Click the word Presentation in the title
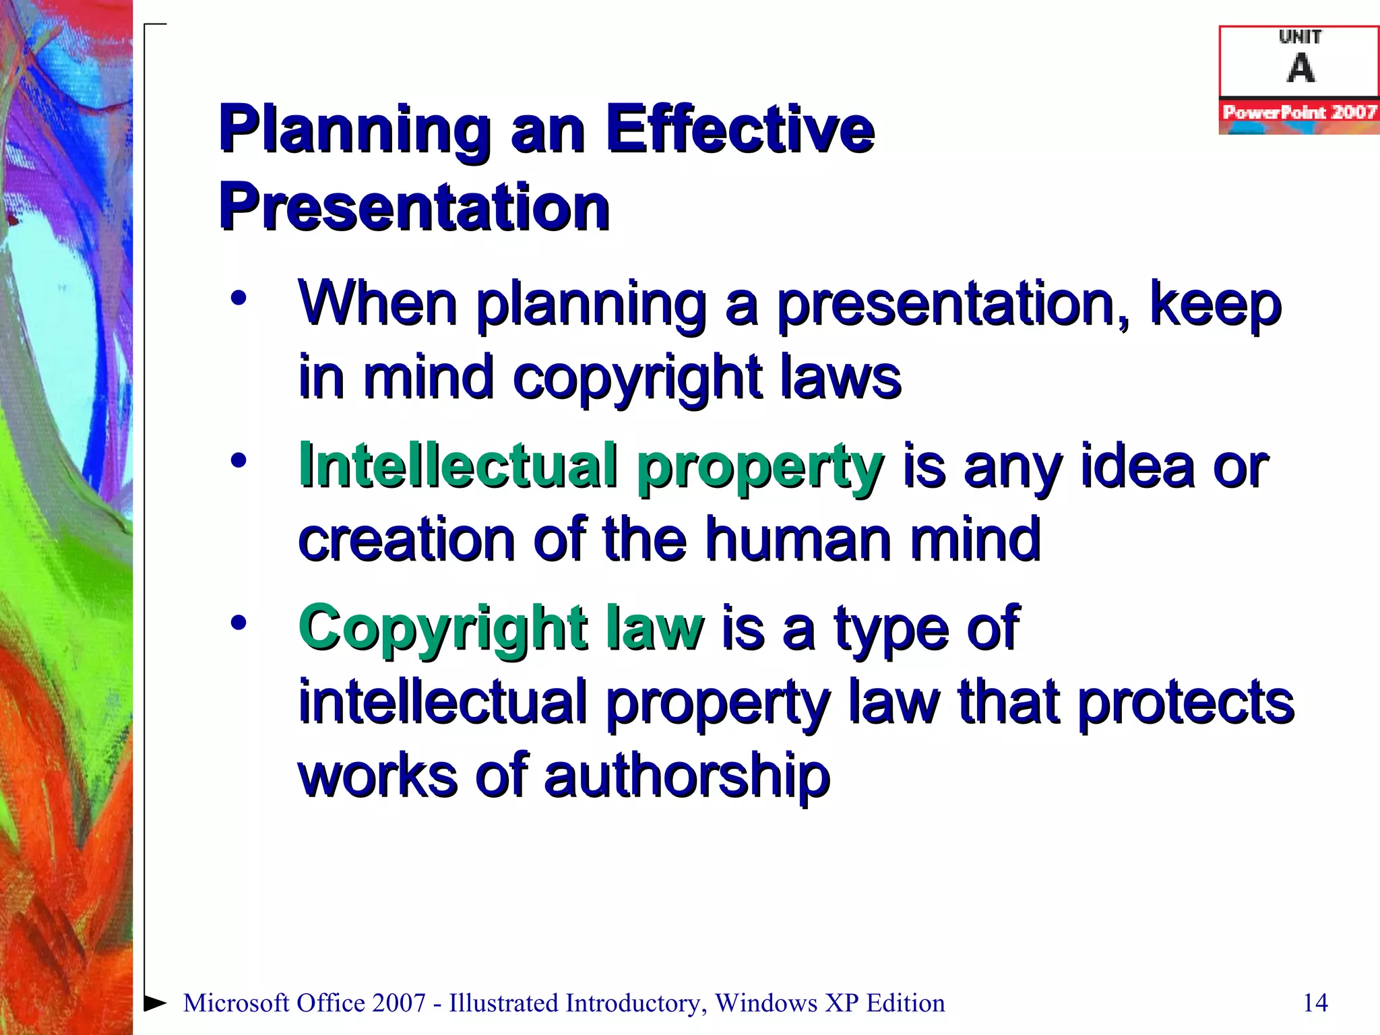tap(414, 207)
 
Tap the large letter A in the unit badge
tap(1300, 68)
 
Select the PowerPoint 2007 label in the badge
tap(1299, 113)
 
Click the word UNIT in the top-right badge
tap(1300, 37)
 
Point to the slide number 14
tap(1315, 1003)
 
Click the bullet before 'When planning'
tap(239, 299)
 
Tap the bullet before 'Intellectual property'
tap(239, 461)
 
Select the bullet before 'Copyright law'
tap(239, 623)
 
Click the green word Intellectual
tap(458, 466)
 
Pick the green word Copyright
tap(442, 629)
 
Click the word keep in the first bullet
tap(1215, 305)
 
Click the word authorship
tap(687, 776)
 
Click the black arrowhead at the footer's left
tap(156, 1003)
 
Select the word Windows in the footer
tap(766, 1003)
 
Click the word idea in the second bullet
tap(1138, 466)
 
